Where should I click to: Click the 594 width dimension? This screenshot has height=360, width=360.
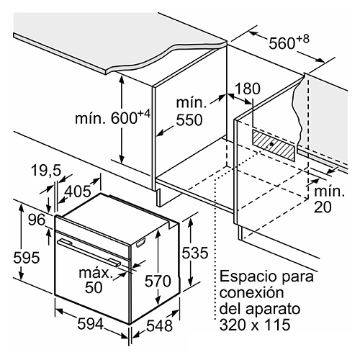coord(91,324)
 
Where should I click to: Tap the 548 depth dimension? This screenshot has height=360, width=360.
coord(160,326)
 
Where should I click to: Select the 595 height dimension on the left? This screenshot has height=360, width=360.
coord(27,258)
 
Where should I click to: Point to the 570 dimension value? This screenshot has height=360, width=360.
coord(158,281)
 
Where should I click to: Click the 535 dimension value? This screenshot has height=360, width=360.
coord(194,253)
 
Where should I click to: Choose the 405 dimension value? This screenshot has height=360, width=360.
coord(78,192)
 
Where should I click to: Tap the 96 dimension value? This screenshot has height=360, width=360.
coord(37,220)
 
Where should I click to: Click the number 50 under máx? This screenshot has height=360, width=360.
coord(94,287)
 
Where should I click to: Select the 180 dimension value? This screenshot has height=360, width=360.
coord(247,89)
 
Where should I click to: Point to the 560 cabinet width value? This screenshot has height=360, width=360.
coord(282,43)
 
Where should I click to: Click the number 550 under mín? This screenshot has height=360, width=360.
coord(189,120)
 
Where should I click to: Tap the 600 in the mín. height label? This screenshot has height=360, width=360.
coord(124,118)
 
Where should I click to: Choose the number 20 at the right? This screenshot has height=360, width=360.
coord(323,207)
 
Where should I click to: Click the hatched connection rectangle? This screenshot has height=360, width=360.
coord(273,145)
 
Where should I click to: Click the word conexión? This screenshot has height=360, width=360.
coord(252,292)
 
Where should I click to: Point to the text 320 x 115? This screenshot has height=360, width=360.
coord(255,325)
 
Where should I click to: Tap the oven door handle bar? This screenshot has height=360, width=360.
coord(89,252)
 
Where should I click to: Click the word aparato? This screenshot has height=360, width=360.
coord(273,310)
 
